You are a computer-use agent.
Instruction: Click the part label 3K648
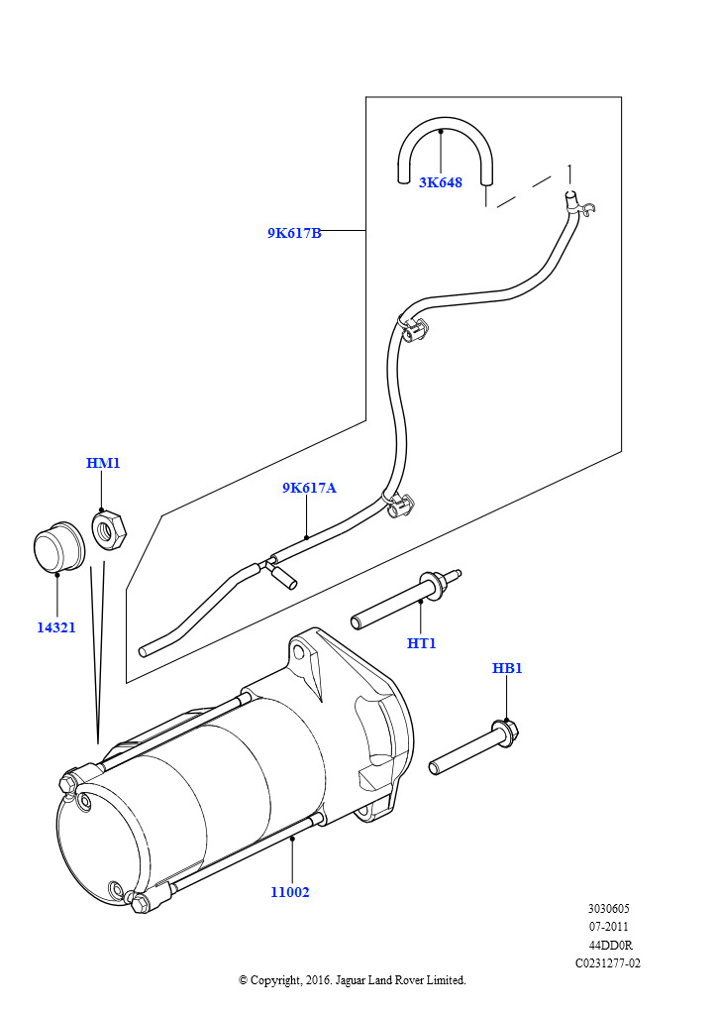(x=440, y=182)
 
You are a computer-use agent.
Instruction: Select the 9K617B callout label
(x=294, y=233)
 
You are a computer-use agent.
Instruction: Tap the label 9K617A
(x=309, y=488)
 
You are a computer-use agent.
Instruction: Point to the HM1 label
(x=103, y=463)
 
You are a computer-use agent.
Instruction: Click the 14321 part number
(x=56, y=627)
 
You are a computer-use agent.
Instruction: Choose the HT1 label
(x=422, y=643)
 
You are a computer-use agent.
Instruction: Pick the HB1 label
(x=507, y=668)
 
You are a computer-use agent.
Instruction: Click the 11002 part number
(x=290, y=892)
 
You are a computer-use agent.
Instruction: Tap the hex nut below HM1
(x=109, y=529)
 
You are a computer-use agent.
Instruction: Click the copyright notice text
(x=352, y=980)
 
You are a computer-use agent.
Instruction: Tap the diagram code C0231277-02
(x=608, y=962)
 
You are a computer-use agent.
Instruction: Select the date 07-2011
(x=608, y=927)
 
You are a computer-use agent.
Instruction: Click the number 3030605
(x=608, y=909)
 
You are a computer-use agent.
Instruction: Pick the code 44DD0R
(x=608, y=945)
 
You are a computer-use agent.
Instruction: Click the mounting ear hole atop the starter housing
(x=299, y=652)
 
